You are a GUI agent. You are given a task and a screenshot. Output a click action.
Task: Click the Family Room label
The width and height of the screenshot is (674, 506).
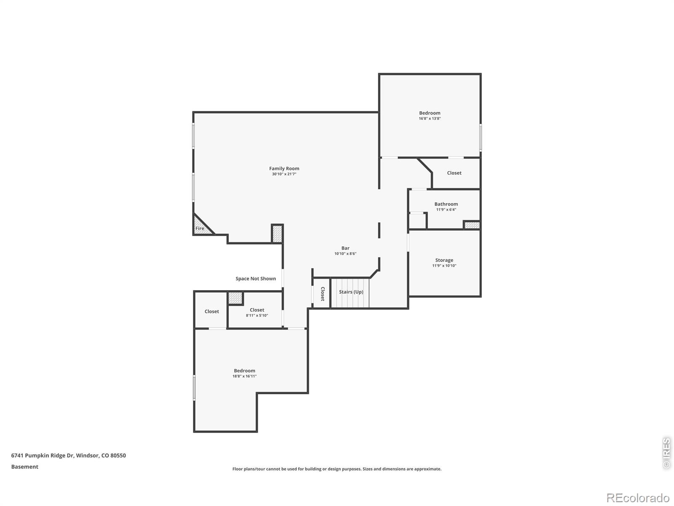[x=284, y=168]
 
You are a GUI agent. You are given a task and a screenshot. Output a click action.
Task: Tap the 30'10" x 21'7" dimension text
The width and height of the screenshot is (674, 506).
[x=284, y=174]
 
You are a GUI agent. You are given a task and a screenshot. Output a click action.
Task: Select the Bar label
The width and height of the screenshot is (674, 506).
[x=345, y=248]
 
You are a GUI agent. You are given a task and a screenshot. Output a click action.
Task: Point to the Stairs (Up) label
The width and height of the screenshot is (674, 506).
[x=351, y=291]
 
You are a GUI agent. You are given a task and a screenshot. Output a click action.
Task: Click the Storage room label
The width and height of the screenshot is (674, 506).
[x=444, y=260]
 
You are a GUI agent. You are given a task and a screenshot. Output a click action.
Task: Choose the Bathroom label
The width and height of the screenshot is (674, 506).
[x=446, y=204]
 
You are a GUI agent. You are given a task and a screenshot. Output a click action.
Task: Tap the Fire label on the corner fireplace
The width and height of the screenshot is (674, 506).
[x=200, y=228]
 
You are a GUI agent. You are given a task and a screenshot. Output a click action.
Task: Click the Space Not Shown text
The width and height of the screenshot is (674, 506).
[x=256, y=279]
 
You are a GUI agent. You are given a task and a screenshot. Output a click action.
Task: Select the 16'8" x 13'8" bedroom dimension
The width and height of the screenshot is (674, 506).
[x=430, y=118]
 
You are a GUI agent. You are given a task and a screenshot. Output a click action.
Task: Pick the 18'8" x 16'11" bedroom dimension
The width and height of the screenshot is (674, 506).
[x=244, y=376]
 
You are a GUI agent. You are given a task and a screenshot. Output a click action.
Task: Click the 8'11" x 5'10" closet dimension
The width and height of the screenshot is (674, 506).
[x=257, y=315]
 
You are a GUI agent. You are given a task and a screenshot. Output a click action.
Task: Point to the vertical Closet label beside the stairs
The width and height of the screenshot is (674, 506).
[x=323, y=294]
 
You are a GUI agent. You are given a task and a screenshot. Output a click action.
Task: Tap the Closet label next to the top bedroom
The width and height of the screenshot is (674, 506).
[x=454, y=173]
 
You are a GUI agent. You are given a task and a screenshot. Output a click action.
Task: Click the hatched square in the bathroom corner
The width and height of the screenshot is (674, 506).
[x=472, y=225]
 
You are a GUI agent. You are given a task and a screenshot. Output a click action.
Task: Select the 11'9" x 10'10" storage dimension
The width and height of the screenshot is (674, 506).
[x=444, y=266]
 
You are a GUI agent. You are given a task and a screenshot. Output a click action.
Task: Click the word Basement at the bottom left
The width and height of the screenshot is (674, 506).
[x=24, y=467]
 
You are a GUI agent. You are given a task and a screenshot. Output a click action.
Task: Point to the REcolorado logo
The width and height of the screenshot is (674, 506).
[x=638, y=498]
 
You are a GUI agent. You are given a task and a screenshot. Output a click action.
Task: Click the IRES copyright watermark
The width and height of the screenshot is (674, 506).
[x=666, y=453]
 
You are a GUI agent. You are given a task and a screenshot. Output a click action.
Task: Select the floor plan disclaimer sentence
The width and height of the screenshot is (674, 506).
[x=337, y=469]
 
